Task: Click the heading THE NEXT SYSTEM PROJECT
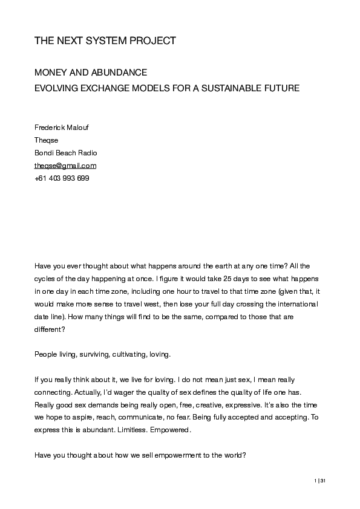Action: coord(105,41)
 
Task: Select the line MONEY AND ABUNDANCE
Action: coord(91,73)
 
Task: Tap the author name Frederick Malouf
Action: coord(63,128)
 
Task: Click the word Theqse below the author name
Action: coord(46,140)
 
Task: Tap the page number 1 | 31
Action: coord(320,481)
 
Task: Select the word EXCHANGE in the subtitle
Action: coord(108,88)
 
